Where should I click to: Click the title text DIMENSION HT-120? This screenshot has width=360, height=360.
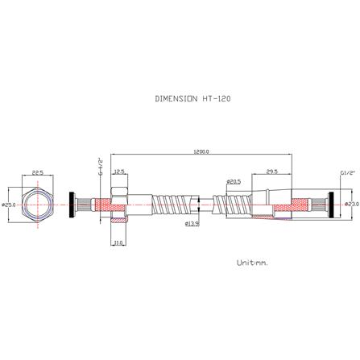[194, 99]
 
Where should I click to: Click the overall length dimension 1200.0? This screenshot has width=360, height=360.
[201, 151]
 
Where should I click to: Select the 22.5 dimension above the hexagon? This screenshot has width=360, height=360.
[38, 172]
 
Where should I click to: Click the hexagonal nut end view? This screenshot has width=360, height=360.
[38, 205]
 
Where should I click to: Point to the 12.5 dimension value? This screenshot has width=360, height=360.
[119, 172]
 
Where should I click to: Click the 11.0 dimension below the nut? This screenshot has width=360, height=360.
[118, 242]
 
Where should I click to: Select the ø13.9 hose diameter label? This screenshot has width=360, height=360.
[192, 223]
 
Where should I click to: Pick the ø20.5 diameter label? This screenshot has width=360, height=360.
[234, 182]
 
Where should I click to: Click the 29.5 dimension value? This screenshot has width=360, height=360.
[271, 172]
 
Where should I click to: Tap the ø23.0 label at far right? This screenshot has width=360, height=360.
[351, 205]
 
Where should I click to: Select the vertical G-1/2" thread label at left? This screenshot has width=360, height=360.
[101, 165]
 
